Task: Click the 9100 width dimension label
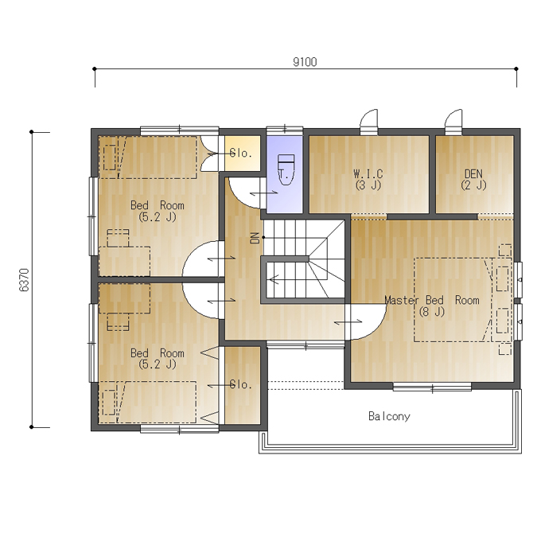pyautogui.click(x=305, y=62)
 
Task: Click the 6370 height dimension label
pyautogui.click(x=25, y=280)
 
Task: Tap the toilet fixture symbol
pyautogui.click(x=286, y=169)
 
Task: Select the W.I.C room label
pyautogui.click(x=368, y=173)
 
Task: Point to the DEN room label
pyautogui.click(x=473, y=173)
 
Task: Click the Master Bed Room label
pyautogui.click(x=432, y=300)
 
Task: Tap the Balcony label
pyautogui.click(x=389, y=416)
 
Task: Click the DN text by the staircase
pyautogui.click(x=255, y=238)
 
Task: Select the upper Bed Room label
pyautogui.click(x=158, y=205)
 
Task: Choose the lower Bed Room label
pyautogui.click(x=158, y=353)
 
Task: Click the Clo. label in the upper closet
pyautogui.click(x=241, y=154)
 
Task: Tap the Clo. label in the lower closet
pyautogui.click(x=241, y=384)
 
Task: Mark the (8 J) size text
pyautogui.click(x=432, y=312)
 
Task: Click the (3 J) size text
pyautogui.click(x=368, y=185)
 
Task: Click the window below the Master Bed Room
pyautogui.click(x=432, y=387)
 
